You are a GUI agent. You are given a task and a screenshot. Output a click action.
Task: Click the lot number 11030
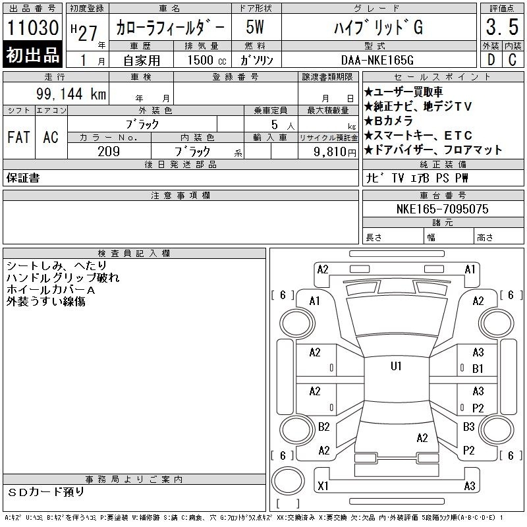click(32, 27)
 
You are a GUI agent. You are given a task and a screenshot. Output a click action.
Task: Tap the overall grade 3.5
click(502, 27)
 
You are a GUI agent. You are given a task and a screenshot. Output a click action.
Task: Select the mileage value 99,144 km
click(71, 94)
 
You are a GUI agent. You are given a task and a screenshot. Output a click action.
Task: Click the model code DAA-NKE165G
click(377, 60)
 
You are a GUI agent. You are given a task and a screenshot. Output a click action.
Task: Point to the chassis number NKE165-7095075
click(442, 209)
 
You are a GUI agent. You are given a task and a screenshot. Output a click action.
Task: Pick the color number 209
click(109, 152)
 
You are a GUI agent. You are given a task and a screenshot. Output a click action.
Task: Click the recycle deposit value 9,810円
click(335, 152)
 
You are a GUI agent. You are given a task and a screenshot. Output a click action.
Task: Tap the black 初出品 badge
click(32, 54)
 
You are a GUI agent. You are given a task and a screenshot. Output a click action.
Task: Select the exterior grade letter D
click(491, 60)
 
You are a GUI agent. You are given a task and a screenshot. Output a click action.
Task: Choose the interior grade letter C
click(513, 60)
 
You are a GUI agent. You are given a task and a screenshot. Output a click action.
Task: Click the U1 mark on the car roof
click(396, 366)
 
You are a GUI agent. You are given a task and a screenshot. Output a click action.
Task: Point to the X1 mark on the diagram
click(323, 485)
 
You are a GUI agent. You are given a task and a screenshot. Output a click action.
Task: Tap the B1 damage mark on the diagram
click(478, 369)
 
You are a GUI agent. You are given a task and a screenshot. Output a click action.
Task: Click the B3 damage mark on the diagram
click(468, 427)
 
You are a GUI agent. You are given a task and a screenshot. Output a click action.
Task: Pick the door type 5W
click(255, 27)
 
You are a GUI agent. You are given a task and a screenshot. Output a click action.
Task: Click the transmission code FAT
click(18, 137)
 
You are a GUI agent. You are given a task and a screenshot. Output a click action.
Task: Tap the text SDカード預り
click(46, 492)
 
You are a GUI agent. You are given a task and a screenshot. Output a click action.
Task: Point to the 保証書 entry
click(23, 178)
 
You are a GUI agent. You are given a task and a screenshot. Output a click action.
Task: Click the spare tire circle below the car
click(288, 481)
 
